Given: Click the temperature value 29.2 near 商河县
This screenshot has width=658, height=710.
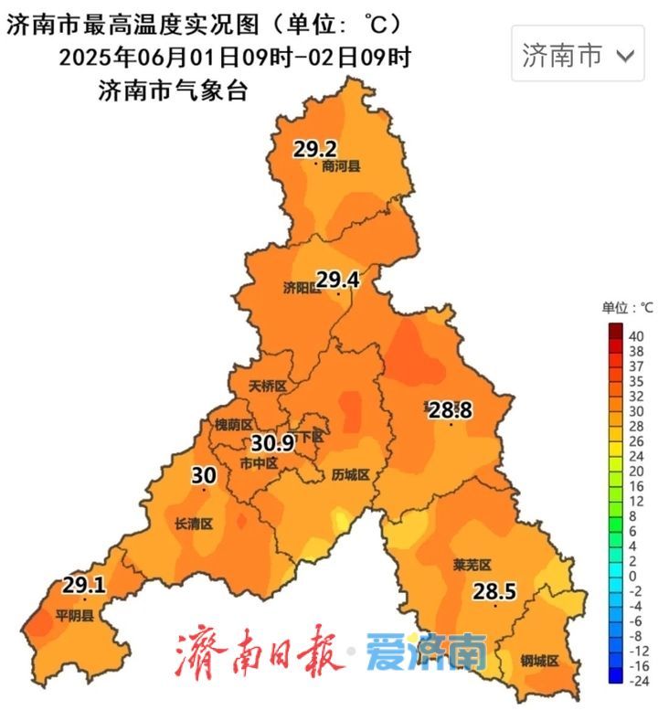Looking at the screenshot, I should [315, 148].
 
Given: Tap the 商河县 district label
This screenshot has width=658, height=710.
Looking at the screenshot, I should [341, 166].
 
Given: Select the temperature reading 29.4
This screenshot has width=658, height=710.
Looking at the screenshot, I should [339, 279].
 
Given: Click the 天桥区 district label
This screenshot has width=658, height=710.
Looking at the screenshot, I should [268, 387].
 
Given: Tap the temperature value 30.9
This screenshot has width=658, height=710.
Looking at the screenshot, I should [272, 443].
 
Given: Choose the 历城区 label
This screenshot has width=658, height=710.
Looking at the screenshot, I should [351, 475].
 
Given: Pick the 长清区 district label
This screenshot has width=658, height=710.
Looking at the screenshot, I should [193, 524].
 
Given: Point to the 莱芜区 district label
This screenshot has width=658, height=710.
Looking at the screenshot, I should [472, 566].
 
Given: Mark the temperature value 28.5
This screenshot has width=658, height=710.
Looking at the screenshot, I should [494, 592].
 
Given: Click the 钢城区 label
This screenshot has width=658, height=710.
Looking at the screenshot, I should [539, 661].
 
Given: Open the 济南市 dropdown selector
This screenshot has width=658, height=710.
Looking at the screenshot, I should [578, 55].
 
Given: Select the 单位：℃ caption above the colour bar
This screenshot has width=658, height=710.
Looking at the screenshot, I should [627, 307].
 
